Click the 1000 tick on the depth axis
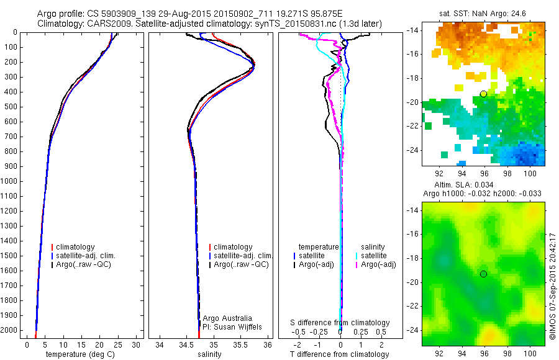pos(11,181)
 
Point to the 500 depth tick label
pos(11,107)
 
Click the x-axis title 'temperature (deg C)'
pos(78,354)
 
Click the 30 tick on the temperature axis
pos(137,344)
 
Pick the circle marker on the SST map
pos(483,94)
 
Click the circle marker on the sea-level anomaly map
pos(483,274)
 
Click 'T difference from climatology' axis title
pos(340,354)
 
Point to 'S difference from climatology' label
pos(340,323)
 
